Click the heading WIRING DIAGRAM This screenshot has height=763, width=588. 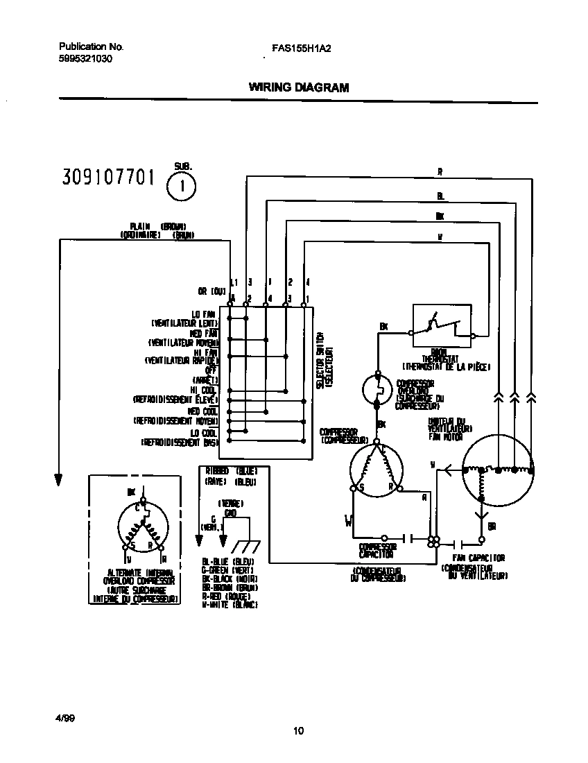(x=298, y=88)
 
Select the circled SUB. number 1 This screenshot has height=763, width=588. (x=182, y=186)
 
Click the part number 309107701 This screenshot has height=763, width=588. (x=107, y=178)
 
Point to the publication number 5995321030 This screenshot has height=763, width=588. (x=85, y=59)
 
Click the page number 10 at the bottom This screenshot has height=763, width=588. (x=298, y=730)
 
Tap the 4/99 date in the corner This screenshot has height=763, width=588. (x=66, y=718)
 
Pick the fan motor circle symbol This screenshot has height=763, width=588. (x=498, y=470)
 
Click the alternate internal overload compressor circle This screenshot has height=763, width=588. (x=143, y=529)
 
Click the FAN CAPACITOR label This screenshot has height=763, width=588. (x=478, y=558)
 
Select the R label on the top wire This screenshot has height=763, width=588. (x=440, y=172)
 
